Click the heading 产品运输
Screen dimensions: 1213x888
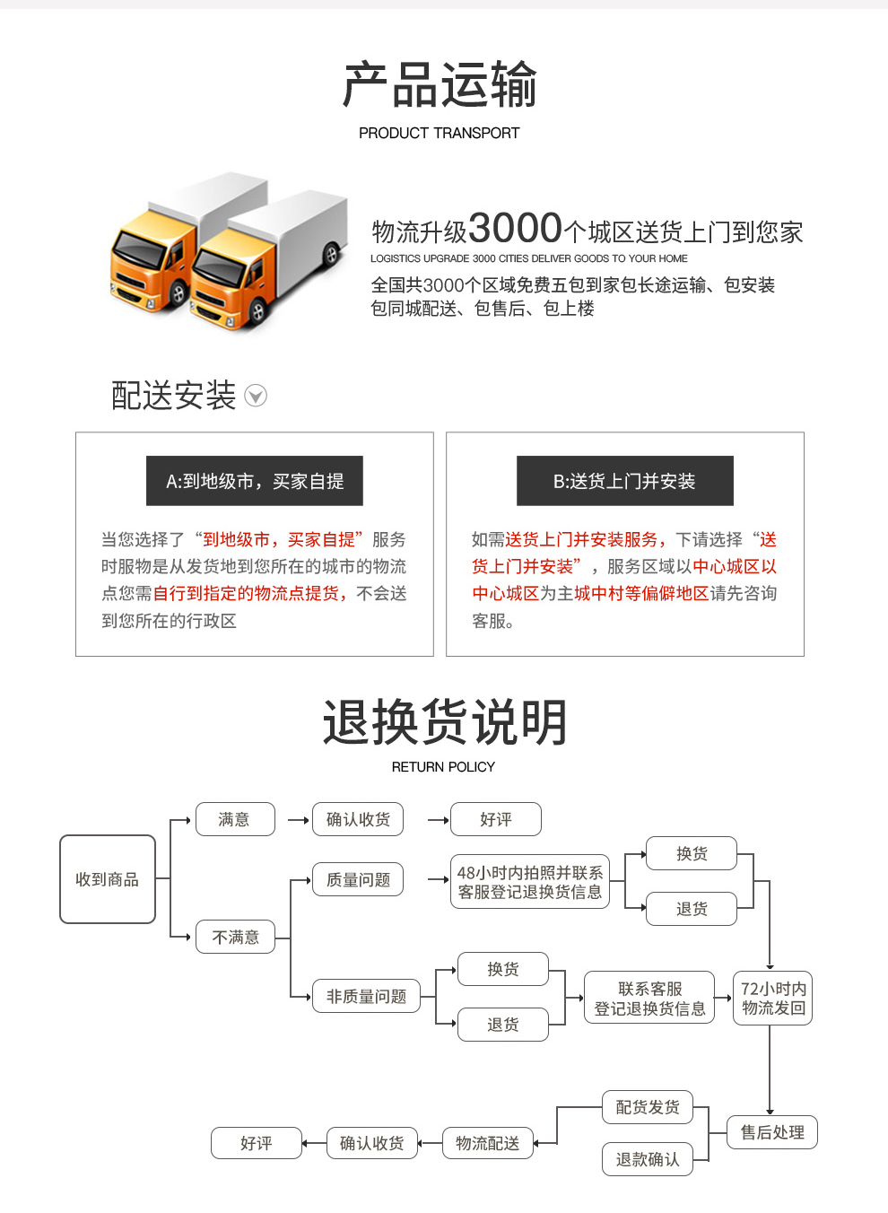point(440,85)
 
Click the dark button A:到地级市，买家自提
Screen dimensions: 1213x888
point(255,481)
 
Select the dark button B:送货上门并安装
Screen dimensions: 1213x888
point(624,481)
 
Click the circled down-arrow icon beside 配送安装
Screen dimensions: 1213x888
point(256,396)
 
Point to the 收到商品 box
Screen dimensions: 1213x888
point(108,879)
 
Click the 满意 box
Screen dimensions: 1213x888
point(235,819)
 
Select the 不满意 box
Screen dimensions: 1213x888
point(235,938)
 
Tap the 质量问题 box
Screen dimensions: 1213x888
point(358,879)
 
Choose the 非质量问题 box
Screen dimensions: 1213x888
point(366,996)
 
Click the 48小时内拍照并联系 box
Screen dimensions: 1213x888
point(530,881)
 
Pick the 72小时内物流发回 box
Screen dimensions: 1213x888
point(773,998)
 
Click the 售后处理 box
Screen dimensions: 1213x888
point(772,1132)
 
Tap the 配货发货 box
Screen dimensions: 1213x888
point(648,1107)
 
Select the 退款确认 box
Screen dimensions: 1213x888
point(648,1159)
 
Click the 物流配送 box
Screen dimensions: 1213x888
point(487,1143)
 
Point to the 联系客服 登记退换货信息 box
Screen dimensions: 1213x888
point(649,998)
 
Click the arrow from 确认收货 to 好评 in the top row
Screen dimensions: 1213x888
point(438,820)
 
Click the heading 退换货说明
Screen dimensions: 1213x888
point(445,722)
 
